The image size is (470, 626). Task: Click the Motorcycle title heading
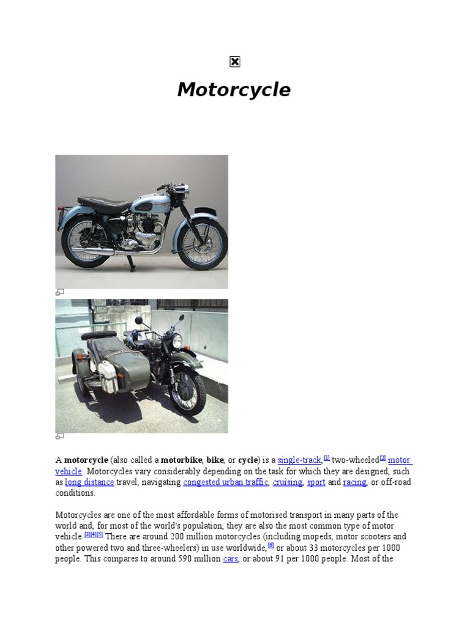pyautogui.click(x=234, y=90)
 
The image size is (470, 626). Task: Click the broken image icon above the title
pyautogui.click(x=235, y=62)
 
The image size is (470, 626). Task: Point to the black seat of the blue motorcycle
pyautogui.click(x=104, y=202)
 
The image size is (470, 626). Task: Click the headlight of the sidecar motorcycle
pyautogui.click(x=176, y=341)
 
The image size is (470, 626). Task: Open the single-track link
pyautogui.click(x=299, y=460)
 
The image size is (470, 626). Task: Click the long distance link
pyautogui.click(x=89, y=482)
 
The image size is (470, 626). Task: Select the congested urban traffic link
pyautogui.click(x=226, y=482)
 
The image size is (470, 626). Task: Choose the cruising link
pyautogui.click(x=288, y=482)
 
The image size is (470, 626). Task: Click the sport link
pyautogui.click(x=316, y=482)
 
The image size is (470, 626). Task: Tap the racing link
pyautogui.click(x=354, y=482)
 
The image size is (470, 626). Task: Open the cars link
pyautogui.click(x=230, y=559)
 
